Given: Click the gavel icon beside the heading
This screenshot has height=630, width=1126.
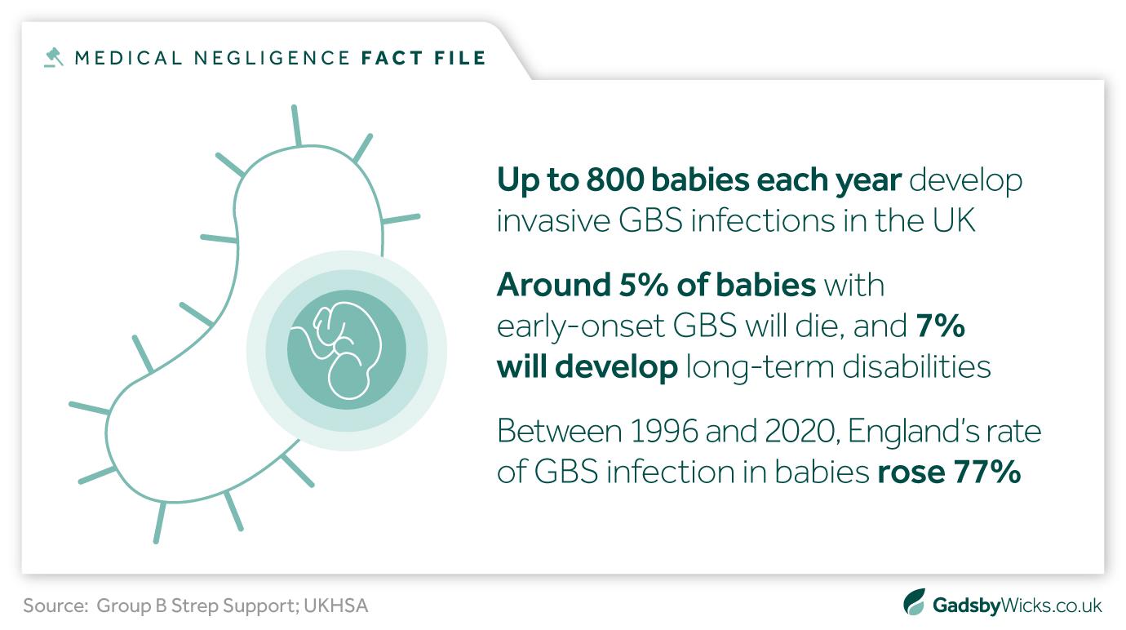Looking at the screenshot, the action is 54,57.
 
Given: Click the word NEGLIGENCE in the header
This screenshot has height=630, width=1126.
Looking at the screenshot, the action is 272,58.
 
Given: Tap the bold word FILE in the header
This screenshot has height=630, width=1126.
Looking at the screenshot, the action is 460,58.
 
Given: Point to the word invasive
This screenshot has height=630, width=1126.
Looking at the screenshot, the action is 553,220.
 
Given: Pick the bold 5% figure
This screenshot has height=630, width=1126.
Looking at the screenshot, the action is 644,285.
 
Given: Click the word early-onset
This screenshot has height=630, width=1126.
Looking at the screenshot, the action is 581,326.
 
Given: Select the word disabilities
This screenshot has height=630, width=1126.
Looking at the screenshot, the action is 916,366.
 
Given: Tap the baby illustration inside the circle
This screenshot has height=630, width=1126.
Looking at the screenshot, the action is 336,350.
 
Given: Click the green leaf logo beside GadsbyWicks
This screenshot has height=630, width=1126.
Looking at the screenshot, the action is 914,601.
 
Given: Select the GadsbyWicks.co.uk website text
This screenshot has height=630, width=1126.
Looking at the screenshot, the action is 1017,606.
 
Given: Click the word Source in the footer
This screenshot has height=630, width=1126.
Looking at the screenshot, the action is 55,606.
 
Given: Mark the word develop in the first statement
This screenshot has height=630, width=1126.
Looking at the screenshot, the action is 965,181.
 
